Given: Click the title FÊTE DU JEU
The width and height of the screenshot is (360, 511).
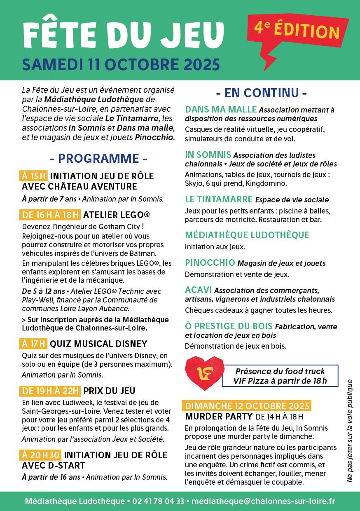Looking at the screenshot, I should pyautogui.click(x=124, y=35).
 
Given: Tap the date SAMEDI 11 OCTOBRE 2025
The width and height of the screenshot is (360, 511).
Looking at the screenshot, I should pyautogui.click(x=121, y=64).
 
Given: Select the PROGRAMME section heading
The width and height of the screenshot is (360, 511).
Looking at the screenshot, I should pyautogui.click(x=98, y=158).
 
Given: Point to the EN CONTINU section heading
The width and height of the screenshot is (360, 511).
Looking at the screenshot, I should pyautogui.click(x=262, y=93).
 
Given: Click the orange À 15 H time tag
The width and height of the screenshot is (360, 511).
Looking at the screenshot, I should pyautogui.click(x=33, y=176).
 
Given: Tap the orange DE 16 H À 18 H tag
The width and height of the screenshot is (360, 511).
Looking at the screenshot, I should pyautogui.click(x=50, y=215).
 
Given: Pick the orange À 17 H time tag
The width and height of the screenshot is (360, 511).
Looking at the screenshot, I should pyautogui.click(x=33, y=344).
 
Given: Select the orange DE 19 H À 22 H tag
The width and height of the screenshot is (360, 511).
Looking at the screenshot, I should pyautogui.click(x=50, y=391).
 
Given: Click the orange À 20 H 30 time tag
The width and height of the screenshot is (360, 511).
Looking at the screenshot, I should pyautogui.click(x=41, y=455).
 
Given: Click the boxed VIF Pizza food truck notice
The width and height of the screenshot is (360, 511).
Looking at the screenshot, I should pyautogui.click(x=280, y=376).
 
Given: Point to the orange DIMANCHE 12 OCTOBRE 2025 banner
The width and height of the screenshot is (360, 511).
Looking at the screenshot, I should pyautogui.click(x=247, y=406).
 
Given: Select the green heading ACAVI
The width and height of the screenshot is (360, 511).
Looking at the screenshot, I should pyautogui.click(x=199, y=290).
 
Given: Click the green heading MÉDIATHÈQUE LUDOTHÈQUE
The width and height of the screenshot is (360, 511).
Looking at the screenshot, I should pyautogui.click(x=247, y=235).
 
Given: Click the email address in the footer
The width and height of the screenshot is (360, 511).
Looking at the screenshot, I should pyautogui.click(x=263, y=501).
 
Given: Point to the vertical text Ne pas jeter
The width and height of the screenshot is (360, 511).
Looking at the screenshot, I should pyautogui.click(x=350, y=431).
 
